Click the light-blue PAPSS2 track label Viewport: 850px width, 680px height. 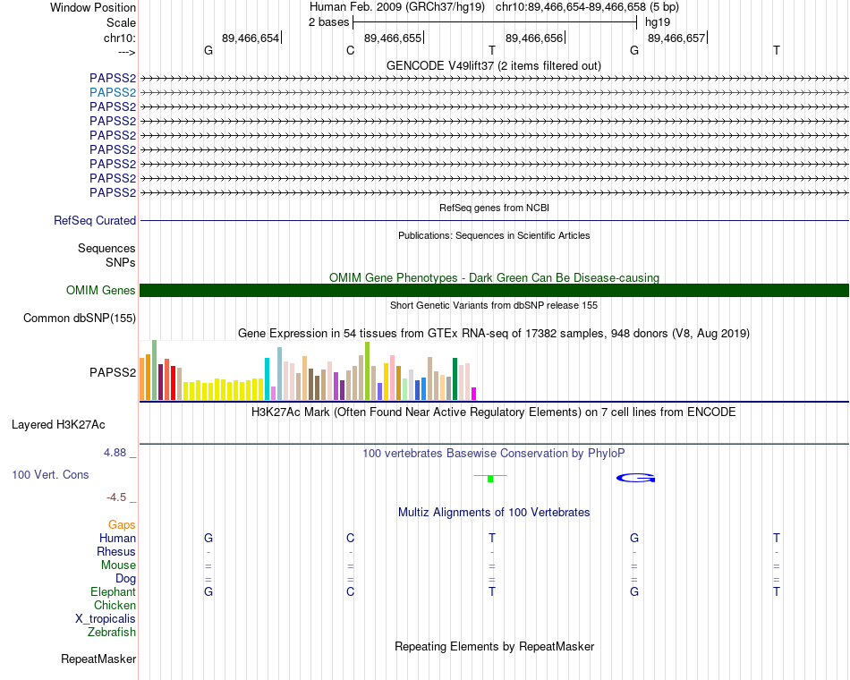click(113, 93)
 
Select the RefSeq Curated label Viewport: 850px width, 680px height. click(95, 221)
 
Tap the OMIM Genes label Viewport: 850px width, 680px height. click(101, 290)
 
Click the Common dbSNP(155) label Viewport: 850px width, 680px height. click(80, 319)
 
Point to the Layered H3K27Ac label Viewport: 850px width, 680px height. click(58, 425)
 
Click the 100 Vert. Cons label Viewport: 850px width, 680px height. click(50, 475)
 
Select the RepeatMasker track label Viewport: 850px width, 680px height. click(98, 659)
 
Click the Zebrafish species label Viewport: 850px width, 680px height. click(112, 633)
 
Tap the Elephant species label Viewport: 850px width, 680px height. click(114, 592)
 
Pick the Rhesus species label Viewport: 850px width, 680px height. click(116, 552)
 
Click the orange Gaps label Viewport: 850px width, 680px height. click(122, 525)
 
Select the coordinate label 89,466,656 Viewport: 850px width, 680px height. click(534, 38)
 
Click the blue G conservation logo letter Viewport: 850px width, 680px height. click(636, 478)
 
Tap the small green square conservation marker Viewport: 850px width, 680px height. click(490, 479)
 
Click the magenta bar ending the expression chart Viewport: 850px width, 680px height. click(474, 394)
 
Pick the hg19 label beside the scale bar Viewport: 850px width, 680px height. click(658, 22)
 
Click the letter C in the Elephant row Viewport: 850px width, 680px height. click(350, 591)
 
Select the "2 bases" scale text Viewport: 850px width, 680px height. click(329, 22)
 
